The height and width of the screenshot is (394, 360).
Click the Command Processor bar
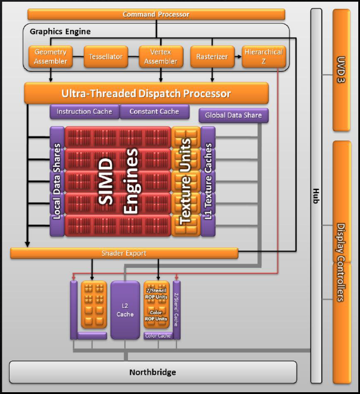pos(156,14)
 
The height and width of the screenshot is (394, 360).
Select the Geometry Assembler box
pos(50,57)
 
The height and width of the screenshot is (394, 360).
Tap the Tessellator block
pos(106,57)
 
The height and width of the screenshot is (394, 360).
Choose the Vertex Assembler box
pos(161,57)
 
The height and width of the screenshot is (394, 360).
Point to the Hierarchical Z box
pos(263,57)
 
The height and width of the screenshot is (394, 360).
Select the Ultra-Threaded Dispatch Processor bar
pos(146,93)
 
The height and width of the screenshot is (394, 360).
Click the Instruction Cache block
pos(84,112)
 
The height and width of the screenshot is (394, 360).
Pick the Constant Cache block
pos(154,112)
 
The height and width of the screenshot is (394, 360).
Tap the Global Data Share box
pos(233,115)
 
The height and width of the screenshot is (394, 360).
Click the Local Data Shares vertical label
pos(57,181)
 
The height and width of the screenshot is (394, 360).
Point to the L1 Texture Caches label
pos(208,181)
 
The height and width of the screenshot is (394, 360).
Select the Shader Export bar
pos(124,253)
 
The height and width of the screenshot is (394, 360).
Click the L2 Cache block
pos(125,310)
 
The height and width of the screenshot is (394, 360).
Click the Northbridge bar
pos(153,372)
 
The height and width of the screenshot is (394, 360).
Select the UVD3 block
pos(341,69)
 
